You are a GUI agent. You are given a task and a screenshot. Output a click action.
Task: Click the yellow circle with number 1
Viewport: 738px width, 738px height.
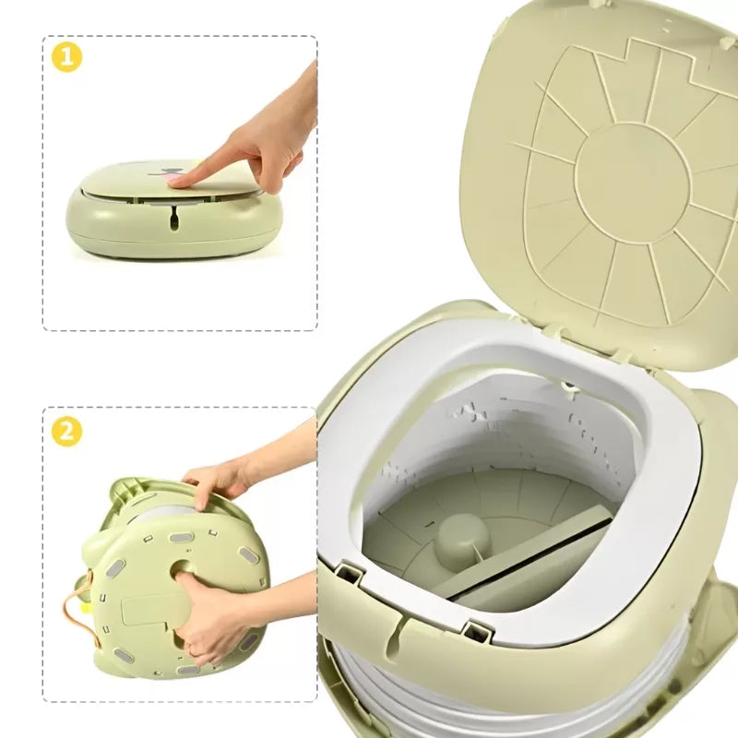pyautogui.click(x=66, y=57)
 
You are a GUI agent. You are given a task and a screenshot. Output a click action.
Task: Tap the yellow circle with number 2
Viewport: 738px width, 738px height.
pyautogui.click(x=66, y=431)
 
